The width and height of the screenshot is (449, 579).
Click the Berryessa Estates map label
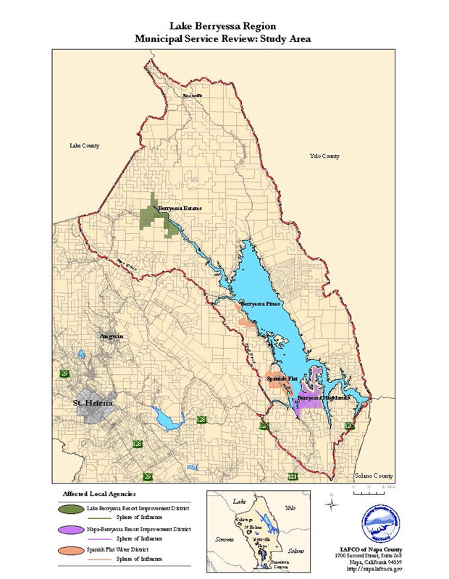click(x=180, y=209)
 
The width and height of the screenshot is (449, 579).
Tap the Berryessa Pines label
click(x=261, y=304)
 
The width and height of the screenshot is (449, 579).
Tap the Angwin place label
click(x=113, y=337)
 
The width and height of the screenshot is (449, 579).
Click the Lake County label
click(x=84, y=145)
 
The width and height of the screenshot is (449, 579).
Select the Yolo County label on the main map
click(x=324, y=156)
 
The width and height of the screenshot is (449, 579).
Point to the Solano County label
click(x=373, y=476)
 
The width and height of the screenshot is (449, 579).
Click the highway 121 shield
click(x=293, y=476)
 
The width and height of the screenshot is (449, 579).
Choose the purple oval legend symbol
click(x=72, y=531)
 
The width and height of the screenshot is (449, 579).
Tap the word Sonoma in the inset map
click(x=224, y=539)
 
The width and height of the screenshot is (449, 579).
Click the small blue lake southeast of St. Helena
click(x=168, y=418)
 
